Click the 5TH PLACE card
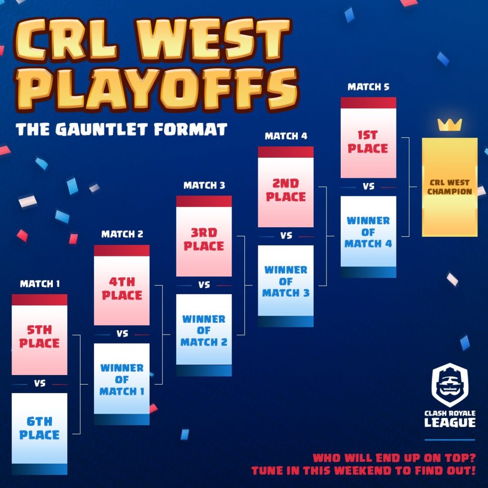point(40,335)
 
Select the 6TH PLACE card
point(40,434)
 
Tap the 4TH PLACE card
point(122,285)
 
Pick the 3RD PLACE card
point(204,236)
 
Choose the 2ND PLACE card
point(286,187)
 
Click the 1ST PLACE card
point(368,138)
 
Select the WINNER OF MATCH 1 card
point(122,384)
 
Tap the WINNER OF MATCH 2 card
point(204,335)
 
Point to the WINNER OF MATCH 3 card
point(286,286)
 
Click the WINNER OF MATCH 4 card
point(368,237)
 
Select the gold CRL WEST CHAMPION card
point(450,187)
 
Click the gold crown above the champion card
point(450,125)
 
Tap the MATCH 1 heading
point(40,284)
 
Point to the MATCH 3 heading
point(204,185)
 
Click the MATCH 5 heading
point(368,87)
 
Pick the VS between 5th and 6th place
point(40,384)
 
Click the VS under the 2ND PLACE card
point(286,236)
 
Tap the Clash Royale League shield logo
point(450,385)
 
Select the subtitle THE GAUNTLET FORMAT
point(122,130)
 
